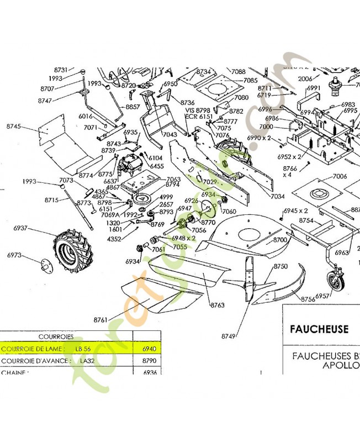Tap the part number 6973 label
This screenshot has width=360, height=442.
[14, 255]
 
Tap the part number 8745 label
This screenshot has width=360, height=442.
[14, 127]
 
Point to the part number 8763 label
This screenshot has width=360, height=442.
[218, 304]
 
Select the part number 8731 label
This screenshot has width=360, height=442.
[61, 70]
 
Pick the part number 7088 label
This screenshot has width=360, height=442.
[239, 72]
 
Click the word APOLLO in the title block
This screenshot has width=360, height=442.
[341, 366]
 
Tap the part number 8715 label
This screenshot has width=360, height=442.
[52, 199]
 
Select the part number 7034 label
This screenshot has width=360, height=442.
[278, 196]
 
